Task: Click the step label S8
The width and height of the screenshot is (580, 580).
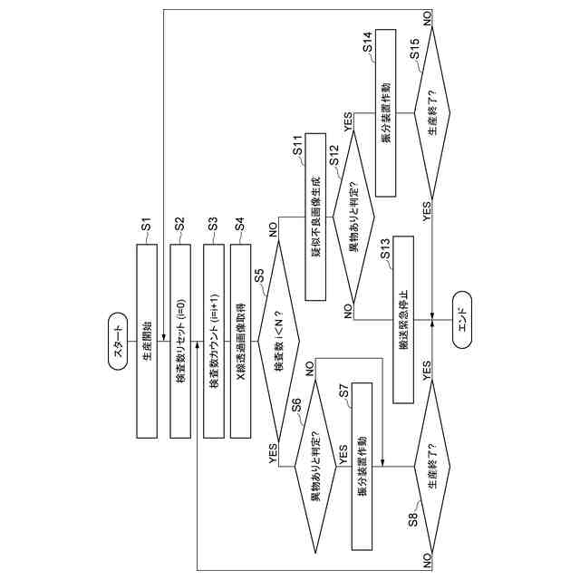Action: point(411,519)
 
